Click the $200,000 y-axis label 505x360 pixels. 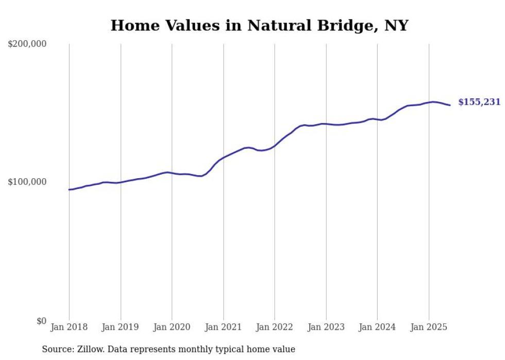tap(27, 44)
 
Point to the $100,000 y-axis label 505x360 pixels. tap(27, 182)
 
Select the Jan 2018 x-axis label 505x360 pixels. tap(69, 327)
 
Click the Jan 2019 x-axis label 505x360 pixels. tap(121, 327)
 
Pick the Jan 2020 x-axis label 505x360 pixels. tap(172, 327)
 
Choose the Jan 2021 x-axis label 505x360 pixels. tap(223, 327)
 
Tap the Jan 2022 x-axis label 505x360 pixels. tap(275, 327)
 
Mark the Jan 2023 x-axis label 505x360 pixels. tap(326, 327)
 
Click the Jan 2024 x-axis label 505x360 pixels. tap(377, 327)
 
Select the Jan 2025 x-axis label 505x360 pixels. tap(429, 327)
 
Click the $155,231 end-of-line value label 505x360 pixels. tap(479, 102)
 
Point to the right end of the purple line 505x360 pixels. tap(450, 105)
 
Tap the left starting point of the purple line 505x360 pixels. tap(69, 190)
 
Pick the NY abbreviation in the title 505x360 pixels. tap(397, 26)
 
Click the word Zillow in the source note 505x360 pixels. tap(88, 349)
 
